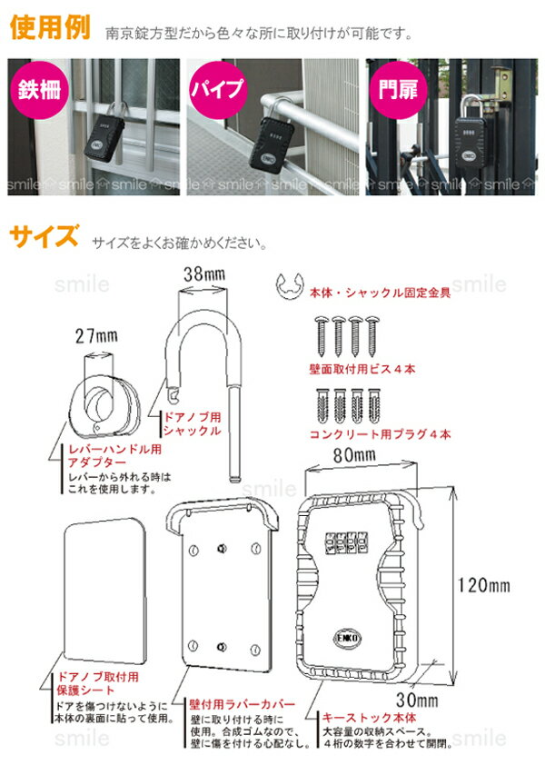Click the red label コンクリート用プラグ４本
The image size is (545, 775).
381,434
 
